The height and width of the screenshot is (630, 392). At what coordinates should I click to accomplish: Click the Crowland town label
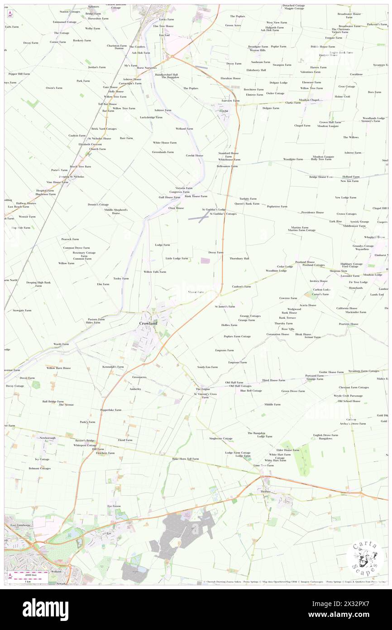pos(148,324)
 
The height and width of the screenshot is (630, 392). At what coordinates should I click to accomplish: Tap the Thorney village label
pos(265,491)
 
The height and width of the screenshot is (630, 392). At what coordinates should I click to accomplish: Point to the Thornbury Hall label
pos(239,258)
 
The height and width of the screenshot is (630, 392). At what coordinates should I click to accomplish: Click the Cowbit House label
pos(195,155)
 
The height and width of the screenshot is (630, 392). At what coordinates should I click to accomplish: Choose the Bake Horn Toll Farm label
pos(186,459)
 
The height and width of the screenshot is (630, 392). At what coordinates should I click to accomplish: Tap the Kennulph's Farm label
pos(113,367)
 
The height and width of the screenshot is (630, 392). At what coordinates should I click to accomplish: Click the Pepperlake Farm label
pos(111,410)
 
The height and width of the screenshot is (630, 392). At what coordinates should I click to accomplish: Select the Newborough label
pos(48,438)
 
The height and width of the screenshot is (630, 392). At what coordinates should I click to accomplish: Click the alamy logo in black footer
pos(45,610)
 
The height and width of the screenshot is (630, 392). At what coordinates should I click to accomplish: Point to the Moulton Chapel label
pos(310,100)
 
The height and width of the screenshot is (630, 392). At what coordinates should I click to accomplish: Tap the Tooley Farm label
pos(121,278)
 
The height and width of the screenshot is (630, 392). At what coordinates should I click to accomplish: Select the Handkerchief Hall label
pos(167,74)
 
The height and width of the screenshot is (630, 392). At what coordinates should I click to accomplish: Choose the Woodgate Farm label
pos(293,159)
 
